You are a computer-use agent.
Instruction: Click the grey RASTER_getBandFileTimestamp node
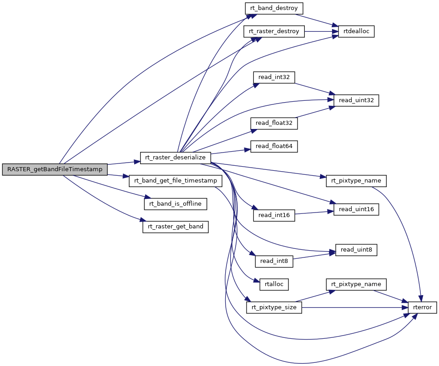(x=55, y=169)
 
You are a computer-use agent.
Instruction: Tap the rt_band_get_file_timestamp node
(x=176, y=181)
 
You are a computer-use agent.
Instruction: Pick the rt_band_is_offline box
(x=176, y=204)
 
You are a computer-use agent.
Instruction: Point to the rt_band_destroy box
(x=274, y=8)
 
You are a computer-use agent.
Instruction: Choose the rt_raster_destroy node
(x=274, y=31)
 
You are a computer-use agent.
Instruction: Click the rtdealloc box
(x=356, y=31)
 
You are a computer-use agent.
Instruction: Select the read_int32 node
(x=274, y=77)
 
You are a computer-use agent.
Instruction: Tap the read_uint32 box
(x=356, y=100)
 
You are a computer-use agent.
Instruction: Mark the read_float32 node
(x=274, y=123)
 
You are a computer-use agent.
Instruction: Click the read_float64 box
(x=274, y=146)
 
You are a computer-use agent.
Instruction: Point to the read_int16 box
(x=274, y=215)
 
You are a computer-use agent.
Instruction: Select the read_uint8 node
(x=356, y=249)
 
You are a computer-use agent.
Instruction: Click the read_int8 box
(x=274, y=261)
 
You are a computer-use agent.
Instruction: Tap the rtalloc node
(x=274, y=284)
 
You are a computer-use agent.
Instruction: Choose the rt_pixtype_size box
(x=274, y=307)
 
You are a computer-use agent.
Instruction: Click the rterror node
(x=422, y=307)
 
